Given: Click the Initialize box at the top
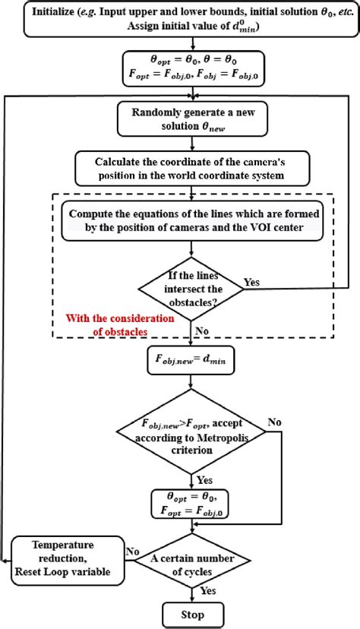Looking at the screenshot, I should pyautogui.click(x=180, y=17).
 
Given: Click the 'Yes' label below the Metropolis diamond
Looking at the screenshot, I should pyautogui.click(x=203, y=481).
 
